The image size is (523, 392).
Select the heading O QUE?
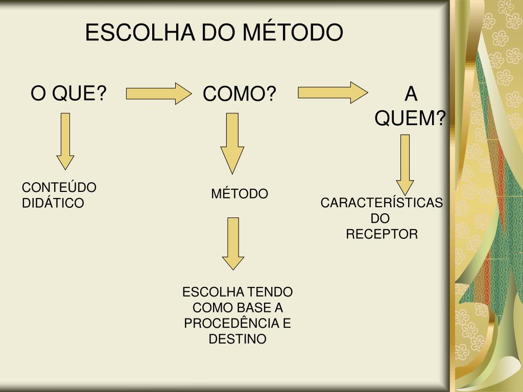coord(68,94)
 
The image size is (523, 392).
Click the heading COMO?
coord(240,94)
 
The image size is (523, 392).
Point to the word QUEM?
coord(410,118)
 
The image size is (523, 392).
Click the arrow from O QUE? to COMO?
coord(157,93)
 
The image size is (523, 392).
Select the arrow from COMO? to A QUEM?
coord(332,92)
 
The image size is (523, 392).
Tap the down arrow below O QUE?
coord(65,140)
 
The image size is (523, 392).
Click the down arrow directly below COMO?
coord(232,143)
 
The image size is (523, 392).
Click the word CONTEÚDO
coord(59,188)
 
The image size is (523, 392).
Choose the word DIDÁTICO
coord(53,203)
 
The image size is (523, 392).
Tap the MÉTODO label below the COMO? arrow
coord(240,194)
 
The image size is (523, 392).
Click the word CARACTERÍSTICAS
coord(382,203)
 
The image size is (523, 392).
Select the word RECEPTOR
coord(382,234)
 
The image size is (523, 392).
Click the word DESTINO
coord(237,339)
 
